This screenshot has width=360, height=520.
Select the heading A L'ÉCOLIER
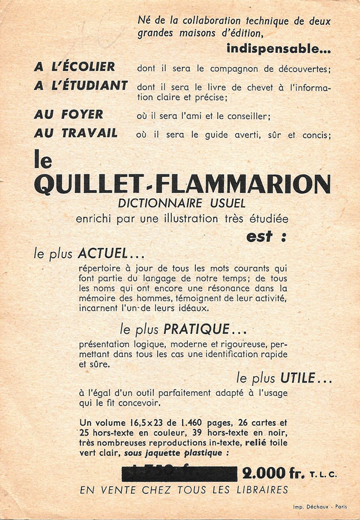coord(75,66)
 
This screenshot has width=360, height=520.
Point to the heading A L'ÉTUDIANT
coord(80,86)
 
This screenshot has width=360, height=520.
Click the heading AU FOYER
coord(69,114)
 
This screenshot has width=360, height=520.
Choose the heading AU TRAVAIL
coord(76,133)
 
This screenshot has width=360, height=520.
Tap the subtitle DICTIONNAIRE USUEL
coord(181,204)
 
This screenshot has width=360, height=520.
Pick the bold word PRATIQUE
coord(196,329)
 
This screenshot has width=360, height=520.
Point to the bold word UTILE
coord(298,378)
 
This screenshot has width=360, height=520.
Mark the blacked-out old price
coord(180,474)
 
